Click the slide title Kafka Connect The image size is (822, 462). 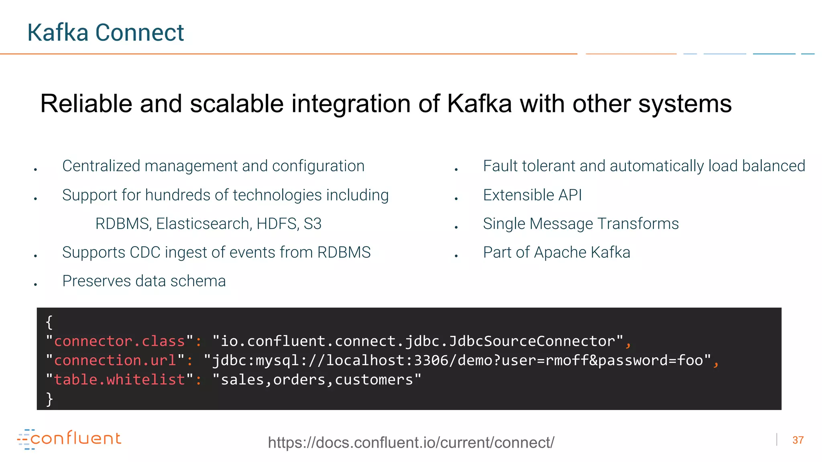(x=105, y=32)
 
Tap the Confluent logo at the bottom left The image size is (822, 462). (x=69, y=439)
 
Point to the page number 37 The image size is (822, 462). (x=798, y=440)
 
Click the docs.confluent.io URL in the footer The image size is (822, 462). (x=411, y=443)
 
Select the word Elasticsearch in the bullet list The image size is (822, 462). (x=204, y=224)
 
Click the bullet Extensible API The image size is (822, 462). (x=532, y=195)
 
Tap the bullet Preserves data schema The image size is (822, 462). (x=144, y=281)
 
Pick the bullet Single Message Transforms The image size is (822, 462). (x=580, y=224)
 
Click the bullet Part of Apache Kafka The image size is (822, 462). (x=556, y=253)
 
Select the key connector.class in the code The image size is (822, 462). (x=119, y=341)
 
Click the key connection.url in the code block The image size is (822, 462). (x=115, y=361)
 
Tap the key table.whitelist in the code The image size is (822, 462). (x=119, y=380)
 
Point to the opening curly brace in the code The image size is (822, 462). (x=49, y=322)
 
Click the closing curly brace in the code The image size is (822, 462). (x=49, y=399)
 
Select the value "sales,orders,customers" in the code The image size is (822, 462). (x=317, y=380)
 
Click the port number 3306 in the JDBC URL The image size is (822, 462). (x=431, y=361)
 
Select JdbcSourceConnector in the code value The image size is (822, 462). (x=532, y=341)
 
